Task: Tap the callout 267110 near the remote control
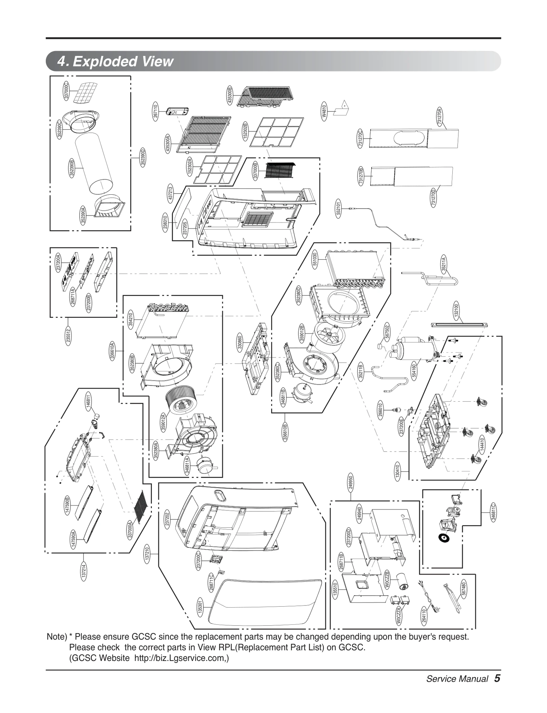click(x=156, y=110)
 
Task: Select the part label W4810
click(x=324, y=111)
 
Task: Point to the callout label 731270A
click(x=440, y=116)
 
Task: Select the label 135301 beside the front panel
click(x=200, y=607)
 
